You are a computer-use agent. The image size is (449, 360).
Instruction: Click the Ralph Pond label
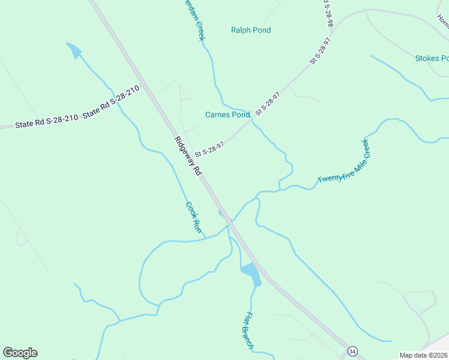pyautogui.click(x=251, y=30)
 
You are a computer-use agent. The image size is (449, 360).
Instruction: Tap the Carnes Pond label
pyautogui.click(x=228, y=115)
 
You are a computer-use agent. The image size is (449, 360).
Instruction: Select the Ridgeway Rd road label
pyautogui.click(x=187, y=156)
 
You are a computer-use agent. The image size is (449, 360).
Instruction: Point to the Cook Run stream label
pyautogui.click(x=193, y=217)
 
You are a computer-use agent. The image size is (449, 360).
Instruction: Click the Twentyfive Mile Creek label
pyautogui.click(x=345, y=162)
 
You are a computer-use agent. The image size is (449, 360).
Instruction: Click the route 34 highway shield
pyautogui.click(x=352, y=350)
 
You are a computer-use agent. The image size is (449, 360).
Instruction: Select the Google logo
pyautogui.click(x=20, y=353)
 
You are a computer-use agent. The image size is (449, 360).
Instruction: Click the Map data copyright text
pyautogui.click(x=424, y=355)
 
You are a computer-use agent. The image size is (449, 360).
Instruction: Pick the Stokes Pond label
pyautogui.click(x=432, y=58)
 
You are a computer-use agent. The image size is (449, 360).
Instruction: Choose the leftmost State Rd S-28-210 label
pyautogui.click(x=47, y=121)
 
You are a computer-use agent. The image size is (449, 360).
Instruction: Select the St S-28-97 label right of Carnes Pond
pyautogui.click(x=268, y=104)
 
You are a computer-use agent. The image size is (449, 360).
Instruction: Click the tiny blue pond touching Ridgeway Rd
pyautogui.click(x=221, y=212)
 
